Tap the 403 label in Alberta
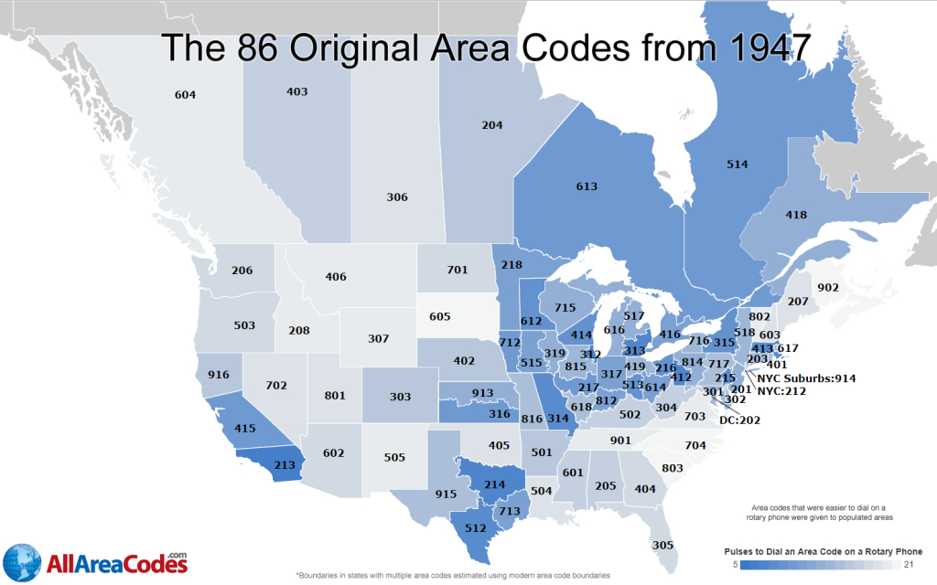296,91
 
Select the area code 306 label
396,197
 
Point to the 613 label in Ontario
587,186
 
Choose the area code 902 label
827,287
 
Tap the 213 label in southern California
285,465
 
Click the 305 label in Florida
663,545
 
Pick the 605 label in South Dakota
440,316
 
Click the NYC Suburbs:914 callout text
806,378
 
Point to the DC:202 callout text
739,420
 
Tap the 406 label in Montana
336,276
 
